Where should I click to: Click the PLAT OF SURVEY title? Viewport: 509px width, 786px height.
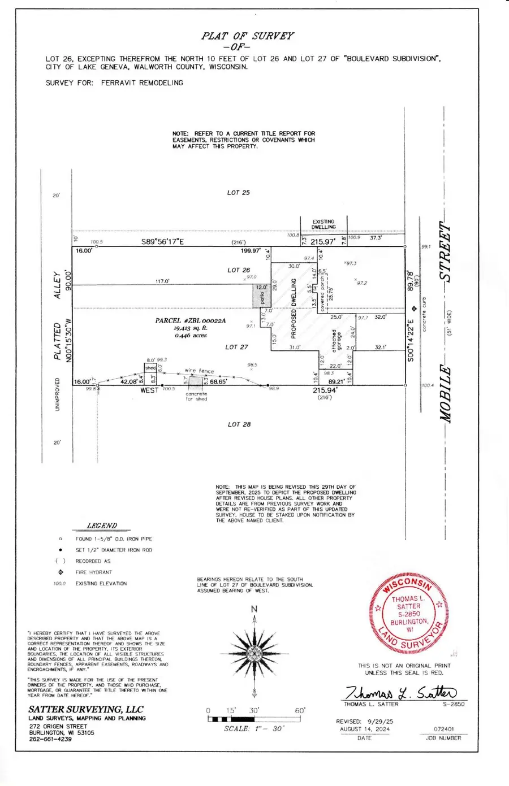[x=248, y=36]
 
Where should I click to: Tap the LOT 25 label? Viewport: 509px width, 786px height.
[x=238, y=193]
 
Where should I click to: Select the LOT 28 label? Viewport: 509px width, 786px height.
[x=239, y=424]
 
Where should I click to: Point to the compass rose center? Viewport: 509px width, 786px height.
[x=255, y=654]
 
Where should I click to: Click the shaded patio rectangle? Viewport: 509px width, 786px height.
[x=260, y=296]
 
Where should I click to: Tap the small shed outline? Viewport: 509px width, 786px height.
[x=150, y=368]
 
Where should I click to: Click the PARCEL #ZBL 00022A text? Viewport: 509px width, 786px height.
[x=191, y=320]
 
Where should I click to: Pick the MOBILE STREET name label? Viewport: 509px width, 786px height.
[x=446, y=322]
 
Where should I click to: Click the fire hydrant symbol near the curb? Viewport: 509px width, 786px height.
[x=414, y=309]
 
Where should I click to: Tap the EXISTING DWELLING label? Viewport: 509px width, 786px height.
[x=323, y=224]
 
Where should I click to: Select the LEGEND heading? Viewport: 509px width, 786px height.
[x=102, y=526]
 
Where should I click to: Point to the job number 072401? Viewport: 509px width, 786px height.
[x=443, y=729]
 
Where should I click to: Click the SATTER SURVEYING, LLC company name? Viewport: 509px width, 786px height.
[x=86, y=709]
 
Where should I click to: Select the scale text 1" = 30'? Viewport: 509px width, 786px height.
[x=254, y=729]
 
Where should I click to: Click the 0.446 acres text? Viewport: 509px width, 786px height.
[x=191, y=335]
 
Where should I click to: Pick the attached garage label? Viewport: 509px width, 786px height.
[x=337, y=342]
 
